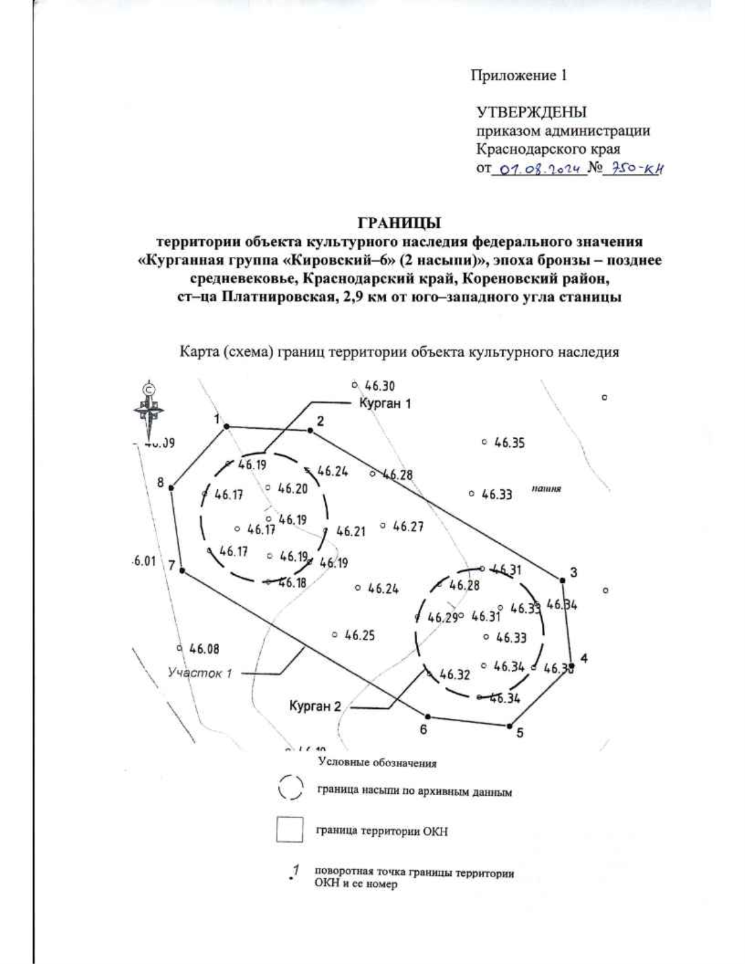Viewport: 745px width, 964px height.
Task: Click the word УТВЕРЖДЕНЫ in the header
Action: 531,112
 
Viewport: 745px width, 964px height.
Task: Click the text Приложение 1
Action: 518,76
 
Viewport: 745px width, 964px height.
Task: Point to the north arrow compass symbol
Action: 148,410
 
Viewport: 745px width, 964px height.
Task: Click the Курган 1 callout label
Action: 385,403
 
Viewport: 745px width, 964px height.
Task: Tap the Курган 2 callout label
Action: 315,706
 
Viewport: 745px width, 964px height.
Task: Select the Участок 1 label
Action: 200,673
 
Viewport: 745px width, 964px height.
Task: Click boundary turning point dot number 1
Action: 227,426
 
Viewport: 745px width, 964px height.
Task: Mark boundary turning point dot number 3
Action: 562,580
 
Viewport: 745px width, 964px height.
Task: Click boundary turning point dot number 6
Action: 427,716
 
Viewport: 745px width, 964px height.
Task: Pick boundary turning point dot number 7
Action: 182,570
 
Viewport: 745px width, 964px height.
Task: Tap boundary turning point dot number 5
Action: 510,726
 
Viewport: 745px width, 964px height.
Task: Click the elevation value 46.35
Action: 508,443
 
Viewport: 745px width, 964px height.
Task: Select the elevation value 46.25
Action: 359,635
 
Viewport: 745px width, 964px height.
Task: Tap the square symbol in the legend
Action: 289,830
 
